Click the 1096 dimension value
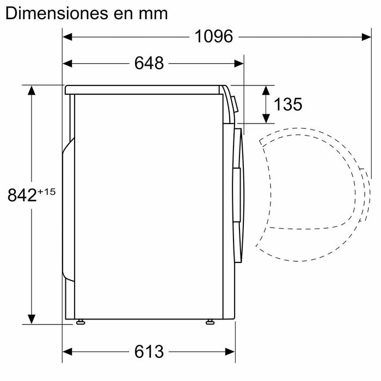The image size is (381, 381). [x=213, y=37]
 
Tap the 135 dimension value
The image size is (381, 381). [x=287, y=105]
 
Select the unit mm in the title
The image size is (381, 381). [x=152, y=13]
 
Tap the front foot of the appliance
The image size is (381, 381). [x=210, y=323]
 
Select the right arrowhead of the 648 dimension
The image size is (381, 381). [x=239, y=64]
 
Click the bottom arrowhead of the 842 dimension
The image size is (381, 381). [x=33, y=319]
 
